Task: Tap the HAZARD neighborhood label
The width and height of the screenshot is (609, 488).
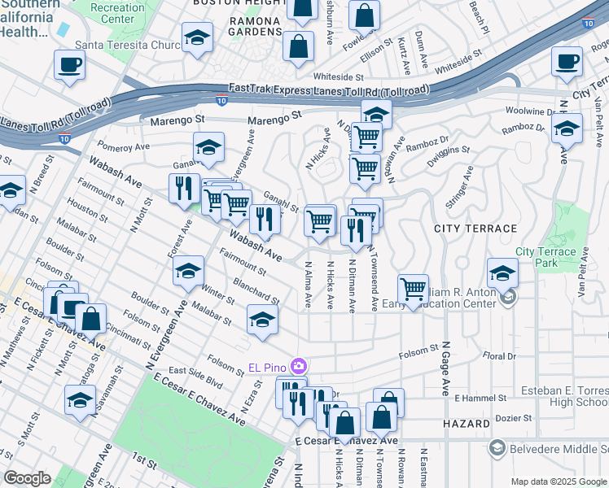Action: click(x=467, y=424)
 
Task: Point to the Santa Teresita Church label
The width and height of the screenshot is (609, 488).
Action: click(x=126, y=46)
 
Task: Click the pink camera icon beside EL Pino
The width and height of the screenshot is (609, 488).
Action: click(x=299, y=366)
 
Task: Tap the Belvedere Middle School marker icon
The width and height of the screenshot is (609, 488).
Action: click(x=496, y=447)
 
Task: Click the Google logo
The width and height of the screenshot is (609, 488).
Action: click(x=27, y=478)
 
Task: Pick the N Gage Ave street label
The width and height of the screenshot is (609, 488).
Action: click(x=446, y=367)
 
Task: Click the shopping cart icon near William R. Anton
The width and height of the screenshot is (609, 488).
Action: click(x=414, y=289)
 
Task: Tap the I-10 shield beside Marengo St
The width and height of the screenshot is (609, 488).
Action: click(x=222, y=101)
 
